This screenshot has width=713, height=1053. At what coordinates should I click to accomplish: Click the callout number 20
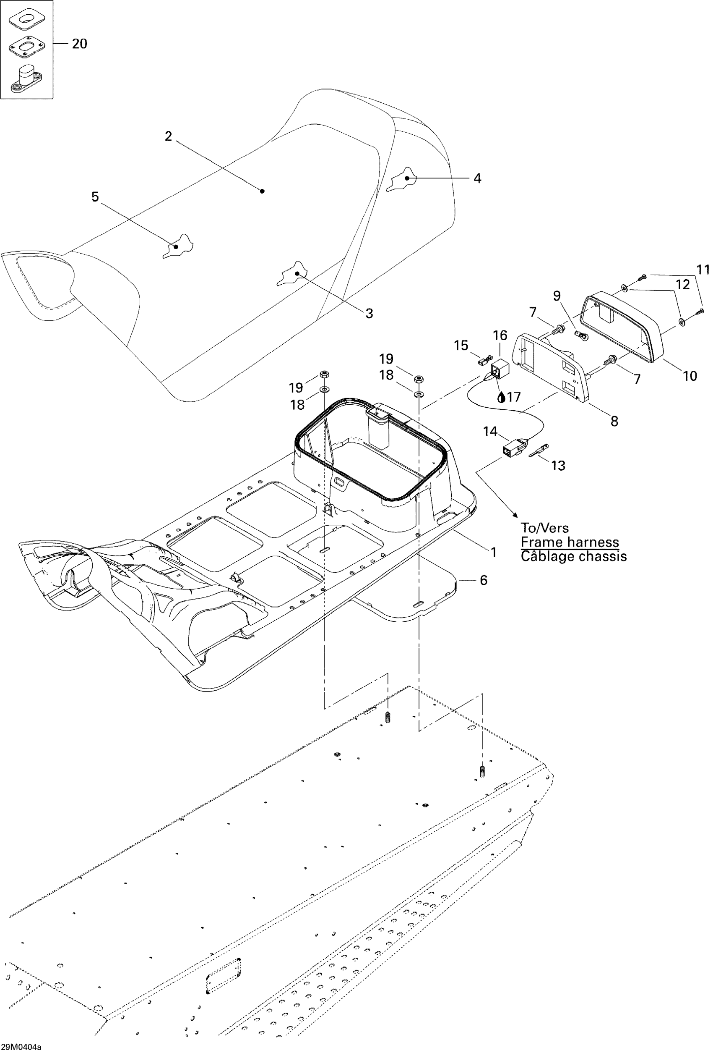tap(79, 44)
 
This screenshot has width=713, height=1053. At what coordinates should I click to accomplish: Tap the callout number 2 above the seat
tap(169, 136)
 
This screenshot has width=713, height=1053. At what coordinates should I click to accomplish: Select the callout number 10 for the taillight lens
tap(690, 376)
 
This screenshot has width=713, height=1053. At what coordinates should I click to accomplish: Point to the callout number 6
tap(484, 580)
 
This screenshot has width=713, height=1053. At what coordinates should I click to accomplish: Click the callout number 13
tap(558, 465)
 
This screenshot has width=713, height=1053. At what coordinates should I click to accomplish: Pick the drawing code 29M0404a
tap(21, 1047)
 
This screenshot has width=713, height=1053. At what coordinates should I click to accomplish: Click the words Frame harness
tap(570, 542)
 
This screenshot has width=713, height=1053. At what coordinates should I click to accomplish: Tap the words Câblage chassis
tap(574, 556)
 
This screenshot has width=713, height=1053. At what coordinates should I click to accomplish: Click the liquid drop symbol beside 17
tap(501, 398)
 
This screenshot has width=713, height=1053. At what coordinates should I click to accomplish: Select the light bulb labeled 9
tap(581, 336)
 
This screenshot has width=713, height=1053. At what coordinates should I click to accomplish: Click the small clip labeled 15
tap(483, 361)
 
